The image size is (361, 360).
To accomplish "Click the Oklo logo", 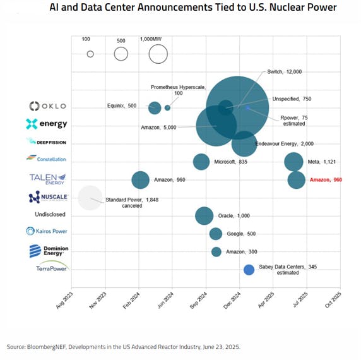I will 47,105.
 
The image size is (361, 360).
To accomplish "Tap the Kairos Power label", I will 47,231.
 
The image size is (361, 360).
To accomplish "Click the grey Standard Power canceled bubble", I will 90,198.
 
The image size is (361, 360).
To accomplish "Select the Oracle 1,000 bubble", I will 204,215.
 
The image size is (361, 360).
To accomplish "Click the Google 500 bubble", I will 216,234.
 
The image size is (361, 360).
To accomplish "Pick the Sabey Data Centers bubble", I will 249,270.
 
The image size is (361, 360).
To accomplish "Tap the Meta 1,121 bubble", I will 293,162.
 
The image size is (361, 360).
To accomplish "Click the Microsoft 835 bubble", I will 201,162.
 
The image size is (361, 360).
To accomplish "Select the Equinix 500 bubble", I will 155,107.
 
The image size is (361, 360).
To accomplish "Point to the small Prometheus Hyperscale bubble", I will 167,107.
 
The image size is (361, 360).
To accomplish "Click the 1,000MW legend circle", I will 158,54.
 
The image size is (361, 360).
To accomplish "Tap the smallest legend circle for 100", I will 90,54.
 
